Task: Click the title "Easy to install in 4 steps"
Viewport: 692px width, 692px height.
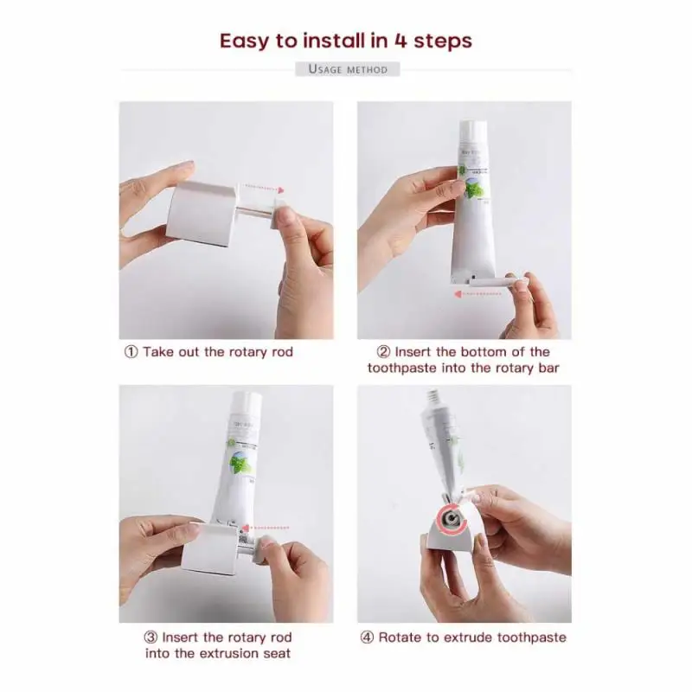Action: (x=345, y=40)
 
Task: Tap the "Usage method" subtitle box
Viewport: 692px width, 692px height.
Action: (x=347, y=68)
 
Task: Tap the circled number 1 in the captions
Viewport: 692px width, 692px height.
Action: (x=131, y=352)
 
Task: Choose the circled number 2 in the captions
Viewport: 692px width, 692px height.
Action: (x=384, y=352)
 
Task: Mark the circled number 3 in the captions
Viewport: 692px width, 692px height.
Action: (x=151, y=638)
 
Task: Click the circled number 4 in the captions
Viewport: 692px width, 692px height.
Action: (x=367, y=638)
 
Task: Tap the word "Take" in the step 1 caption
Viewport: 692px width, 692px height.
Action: (x=157, y=352)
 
